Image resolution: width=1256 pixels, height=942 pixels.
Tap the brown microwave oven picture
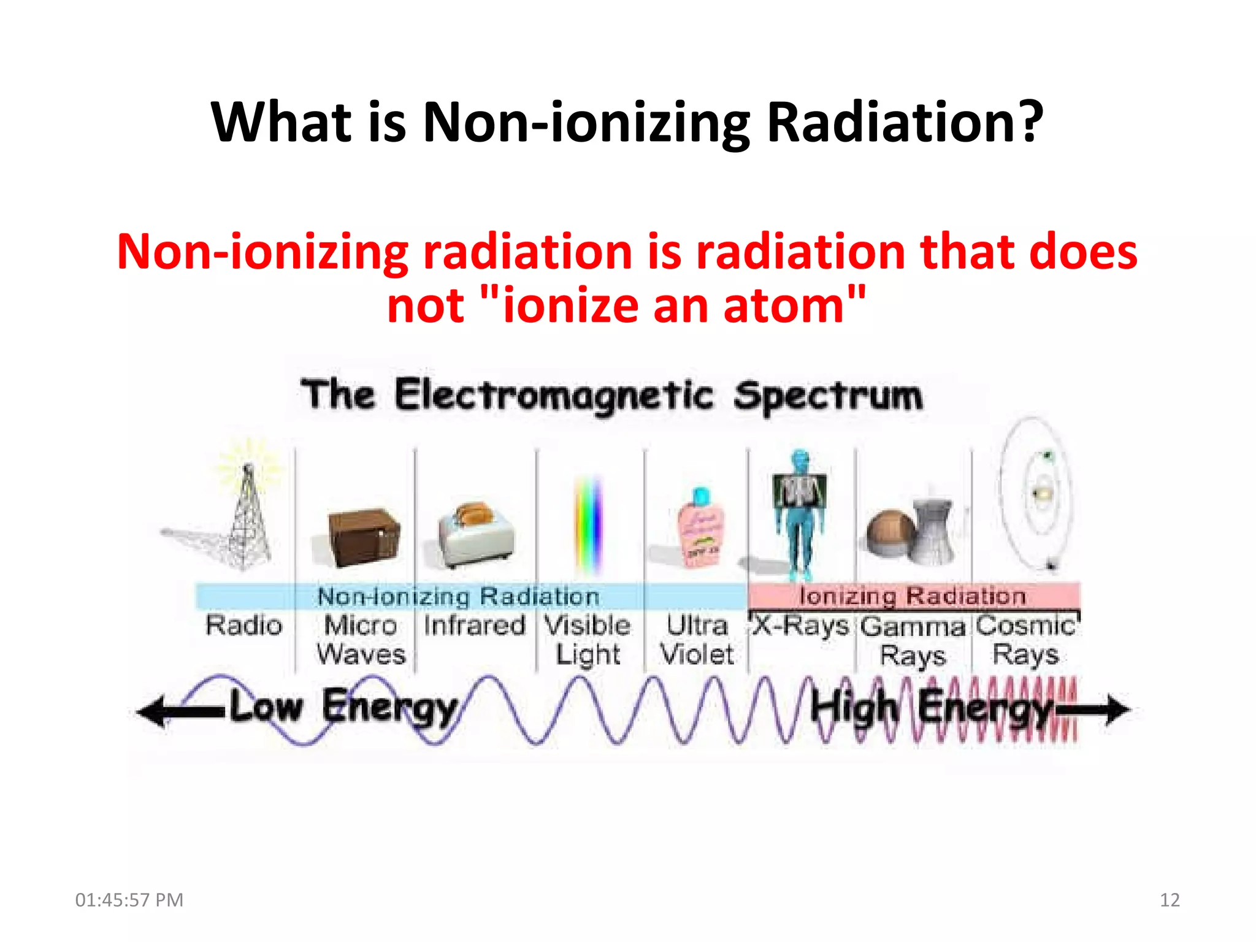tap(363, 535)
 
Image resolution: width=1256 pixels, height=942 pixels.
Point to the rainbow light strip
tap(588, 524)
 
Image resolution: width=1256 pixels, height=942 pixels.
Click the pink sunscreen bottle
tap(700, 527)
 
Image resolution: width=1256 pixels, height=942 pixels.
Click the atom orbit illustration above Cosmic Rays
tap(1036, 494)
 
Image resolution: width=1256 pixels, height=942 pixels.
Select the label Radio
tap(244, 626)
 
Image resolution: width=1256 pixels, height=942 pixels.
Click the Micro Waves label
tap(361, 640)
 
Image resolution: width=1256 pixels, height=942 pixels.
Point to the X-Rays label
tap(800, 626)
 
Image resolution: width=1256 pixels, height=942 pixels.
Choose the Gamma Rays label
tap(913, 641)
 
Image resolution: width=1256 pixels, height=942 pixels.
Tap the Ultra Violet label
tap(697, 640)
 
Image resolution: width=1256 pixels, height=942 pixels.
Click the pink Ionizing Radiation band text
tap(913, 595)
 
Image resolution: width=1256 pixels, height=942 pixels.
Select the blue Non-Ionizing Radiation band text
tap(458, 596)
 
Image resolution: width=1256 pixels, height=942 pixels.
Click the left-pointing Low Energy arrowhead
tap(151, 711)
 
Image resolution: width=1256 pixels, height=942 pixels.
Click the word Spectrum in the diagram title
tap(828, 396)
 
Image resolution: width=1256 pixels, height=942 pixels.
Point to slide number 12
tap(1170, 900)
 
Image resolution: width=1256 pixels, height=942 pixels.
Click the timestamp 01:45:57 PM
tap(129, 900)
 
